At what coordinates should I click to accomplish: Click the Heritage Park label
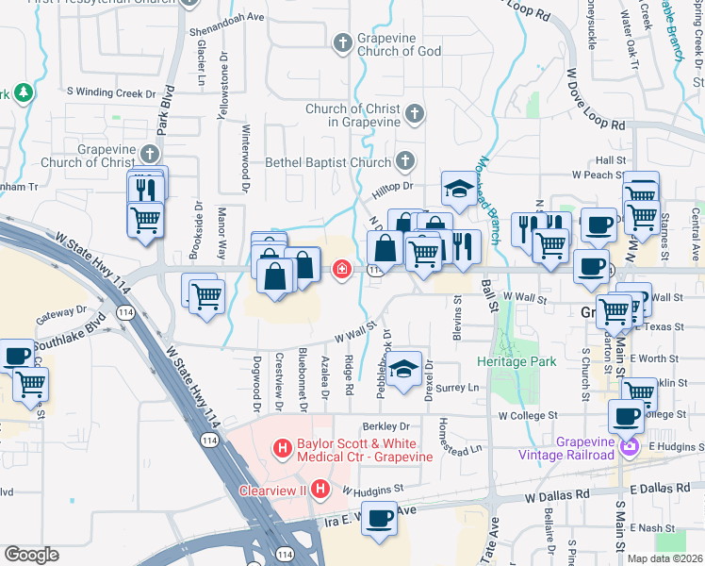tap(518, 362)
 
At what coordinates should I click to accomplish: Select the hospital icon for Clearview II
tap(320, 490)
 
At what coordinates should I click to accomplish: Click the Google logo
tap(31, 555)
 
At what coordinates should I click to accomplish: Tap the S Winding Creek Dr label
tap(110, 93)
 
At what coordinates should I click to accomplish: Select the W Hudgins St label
tap(372, 490)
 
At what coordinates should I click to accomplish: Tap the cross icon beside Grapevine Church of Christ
tap(150, 154)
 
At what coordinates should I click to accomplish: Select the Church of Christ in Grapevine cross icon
tap(413, 115)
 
